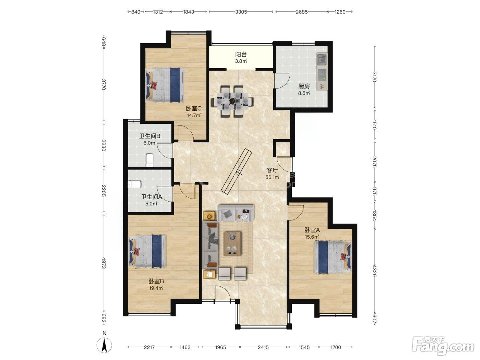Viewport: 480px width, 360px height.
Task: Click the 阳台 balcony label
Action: [x=241, y=54]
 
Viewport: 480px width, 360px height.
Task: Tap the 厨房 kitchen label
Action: [x=304, y=86]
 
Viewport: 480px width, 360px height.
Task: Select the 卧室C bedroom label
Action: [x=193, y=108]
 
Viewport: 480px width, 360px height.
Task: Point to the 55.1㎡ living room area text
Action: [x=272, y=177]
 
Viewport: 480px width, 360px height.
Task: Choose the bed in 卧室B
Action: [x=147, y=251]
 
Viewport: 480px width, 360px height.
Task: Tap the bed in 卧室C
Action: [x=165, y=85]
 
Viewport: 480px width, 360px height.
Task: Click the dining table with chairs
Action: [x=232, y=101]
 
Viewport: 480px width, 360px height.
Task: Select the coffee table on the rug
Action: [x=232, y=244]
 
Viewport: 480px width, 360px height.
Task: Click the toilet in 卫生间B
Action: [x=149, y=160]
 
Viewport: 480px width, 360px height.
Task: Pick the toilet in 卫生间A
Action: [x=134, y=184]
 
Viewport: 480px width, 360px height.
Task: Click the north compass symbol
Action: [x=104, y=345]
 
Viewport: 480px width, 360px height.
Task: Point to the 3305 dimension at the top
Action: [x=241, y=12]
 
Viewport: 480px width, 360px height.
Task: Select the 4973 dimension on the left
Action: [x=104, y=263]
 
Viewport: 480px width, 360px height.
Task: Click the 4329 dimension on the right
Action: [x=374, y=271]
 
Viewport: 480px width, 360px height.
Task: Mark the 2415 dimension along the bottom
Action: [x=263, y=347]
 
